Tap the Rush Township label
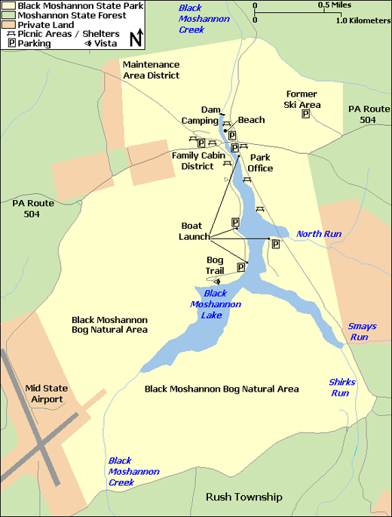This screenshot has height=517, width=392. click(243, 497)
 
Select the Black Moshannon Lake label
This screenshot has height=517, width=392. click(222, 304)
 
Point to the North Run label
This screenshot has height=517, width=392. click(318, 234)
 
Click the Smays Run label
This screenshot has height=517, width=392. click(362, 331)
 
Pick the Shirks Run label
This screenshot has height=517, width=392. click(341, 387)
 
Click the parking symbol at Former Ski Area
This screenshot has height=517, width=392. click(306, 114)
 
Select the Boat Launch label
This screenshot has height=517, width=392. click(194, 231)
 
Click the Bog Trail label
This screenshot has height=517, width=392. click(215, 265)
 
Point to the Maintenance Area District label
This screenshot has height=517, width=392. click(151, 70)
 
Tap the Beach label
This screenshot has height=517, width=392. click(251, 120)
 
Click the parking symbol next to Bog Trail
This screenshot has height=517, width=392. click(241, 266)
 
